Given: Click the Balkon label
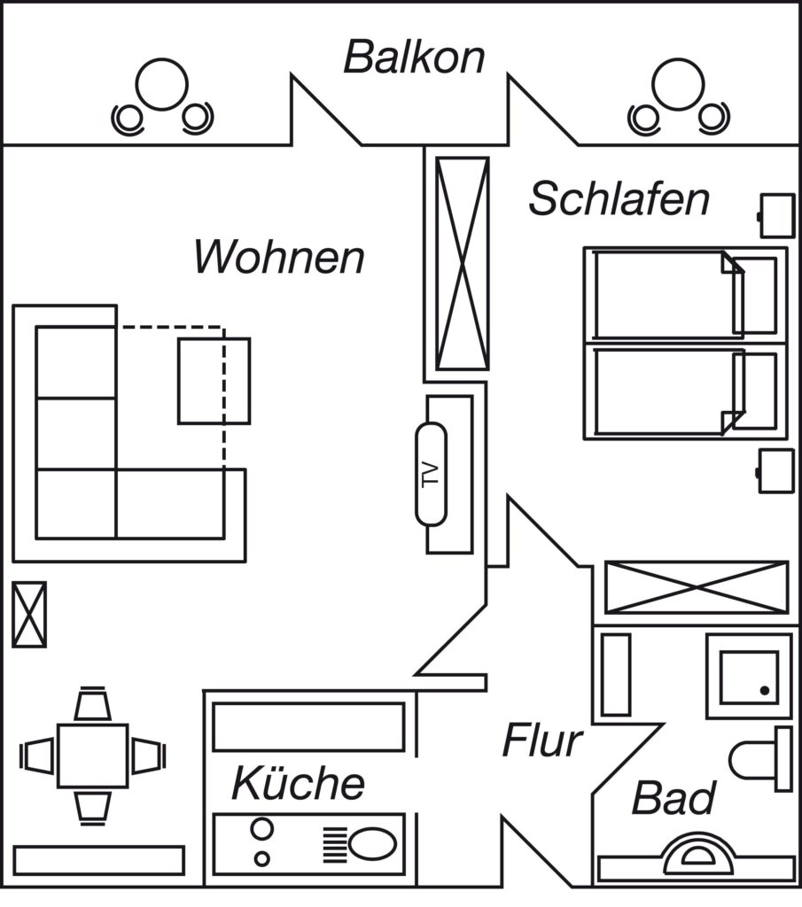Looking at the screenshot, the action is pyautogui.click(x=415, y=57).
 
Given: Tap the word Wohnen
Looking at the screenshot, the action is pyautogui.click(x=279, y=257).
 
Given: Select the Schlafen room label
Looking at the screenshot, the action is pyautogui.click(x=619, y=198).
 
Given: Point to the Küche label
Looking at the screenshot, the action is pyautogui.click(x=298, y=783).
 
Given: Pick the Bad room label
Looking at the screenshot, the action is pyautogui.click(x=674, y=798).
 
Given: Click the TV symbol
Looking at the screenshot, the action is pyautogui.click(x=431, y=475).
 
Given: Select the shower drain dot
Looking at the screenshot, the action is pyautogui.click(x=765, y=691).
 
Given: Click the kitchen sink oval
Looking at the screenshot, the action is pyautogui.click(x=373, y=843).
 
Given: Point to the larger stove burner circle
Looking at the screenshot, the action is pyautogui.click(x=261, y=828).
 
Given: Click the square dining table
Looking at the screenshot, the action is pyautogui.click(x=92, y=756).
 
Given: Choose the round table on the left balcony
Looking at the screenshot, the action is pyautogui.click(x=162, y=84).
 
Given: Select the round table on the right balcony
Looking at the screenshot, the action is pyautogui.click(x=678, y=84).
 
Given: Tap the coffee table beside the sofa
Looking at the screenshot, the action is pyautogui.click(x=214, y=381).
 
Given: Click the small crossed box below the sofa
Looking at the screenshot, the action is pyautogui.click(x=29, y=615).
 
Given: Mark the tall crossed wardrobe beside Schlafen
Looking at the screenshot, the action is pyautogui.click(x=463, y=263).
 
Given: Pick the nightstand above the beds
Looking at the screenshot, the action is pyautogui.click(x=776, y=216).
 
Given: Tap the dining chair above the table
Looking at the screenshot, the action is pyautogui.click(x=92, y=704).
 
